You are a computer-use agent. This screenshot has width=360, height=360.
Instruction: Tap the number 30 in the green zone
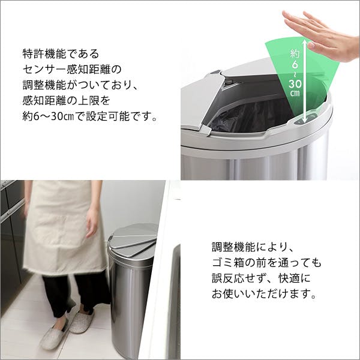(295, 84)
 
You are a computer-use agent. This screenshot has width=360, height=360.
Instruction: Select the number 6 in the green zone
(295, 65)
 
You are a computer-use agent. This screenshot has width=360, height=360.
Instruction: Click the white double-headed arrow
(304, 81)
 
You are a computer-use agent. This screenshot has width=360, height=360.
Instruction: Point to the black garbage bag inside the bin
(250, 117)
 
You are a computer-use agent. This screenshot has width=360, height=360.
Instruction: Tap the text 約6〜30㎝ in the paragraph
(48, 116)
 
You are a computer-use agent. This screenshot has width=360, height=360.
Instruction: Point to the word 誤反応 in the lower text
(228, 278)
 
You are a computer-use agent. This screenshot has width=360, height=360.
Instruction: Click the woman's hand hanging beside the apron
(92, 223)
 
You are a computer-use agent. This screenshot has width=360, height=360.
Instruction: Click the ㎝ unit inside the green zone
(295, 93)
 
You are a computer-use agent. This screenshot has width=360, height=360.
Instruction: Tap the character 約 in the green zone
(295, 53)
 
